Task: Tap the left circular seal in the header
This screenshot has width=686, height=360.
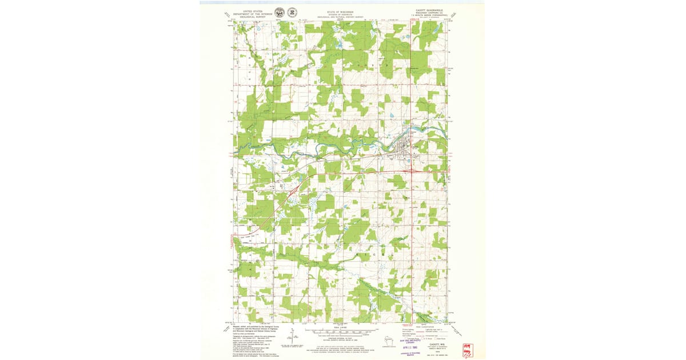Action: point(279,12)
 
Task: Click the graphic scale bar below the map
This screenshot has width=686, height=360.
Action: point(340,331)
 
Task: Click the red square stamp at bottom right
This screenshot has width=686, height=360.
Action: point(468,349)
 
